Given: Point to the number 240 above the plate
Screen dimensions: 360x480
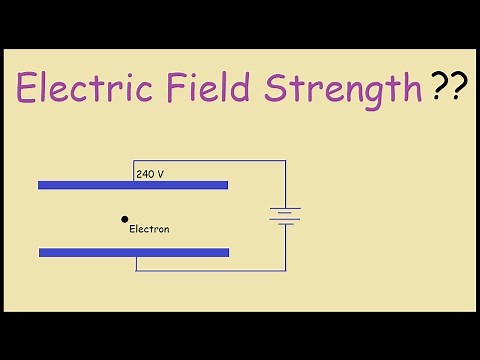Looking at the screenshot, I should (x=144, y=174).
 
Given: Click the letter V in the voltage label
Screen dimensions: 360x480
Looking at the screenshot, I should (x=161, y=174).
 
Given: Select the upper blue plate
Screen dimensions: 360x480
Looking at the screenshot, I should (x=132, y=185).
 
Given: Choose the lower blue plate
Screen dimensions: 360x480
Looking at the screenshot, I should (x=133, y=252).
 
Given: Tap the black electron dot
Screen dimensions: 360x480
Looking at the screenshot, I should (x=125, y=218).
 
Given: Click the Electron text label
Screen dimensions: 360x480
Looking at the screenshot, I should (x=150, y=229).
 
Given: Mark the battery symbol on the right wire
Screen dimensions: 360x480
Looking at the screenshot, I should (x=285, y=215).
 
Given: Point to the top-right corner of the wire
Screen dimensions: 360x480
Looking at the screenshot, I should (x=285, y=160).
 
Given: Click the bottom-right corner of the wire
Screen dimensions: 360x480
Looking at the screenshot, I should (x=285, y=270).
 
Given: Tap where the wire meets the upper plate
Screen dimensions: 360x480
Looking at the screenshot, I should (x=135, y=181).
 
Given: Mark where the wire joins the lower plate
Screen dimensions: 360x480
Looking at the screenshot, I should (x=135, y=257).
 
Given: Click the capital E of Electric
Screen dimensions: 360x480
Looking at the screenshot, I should (x=30, y=90).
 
